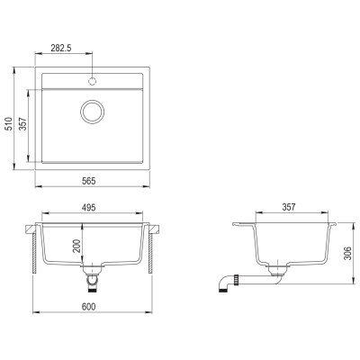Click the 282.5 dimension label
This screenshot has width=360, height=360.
click(60, 48)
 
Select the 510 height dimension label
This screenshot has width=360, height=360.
click(10, 123)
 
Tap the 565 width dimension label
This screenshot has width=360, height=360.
click(89, 181)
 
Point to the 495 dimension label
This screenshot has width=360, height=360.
click(89, 208)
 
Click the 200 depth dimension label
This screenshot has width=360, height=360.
click(77, 246)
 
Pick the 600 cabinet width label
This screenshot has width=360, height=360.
click(89, 307)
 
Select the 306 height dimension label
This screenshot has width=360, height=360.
click(347, 253)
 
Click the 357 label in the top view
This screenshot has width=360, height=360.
click(22, 124)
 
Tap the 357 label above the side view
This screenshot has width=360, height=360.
click(289, 207)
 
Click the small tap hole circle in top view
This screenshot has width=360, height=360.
click(93, 81)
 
